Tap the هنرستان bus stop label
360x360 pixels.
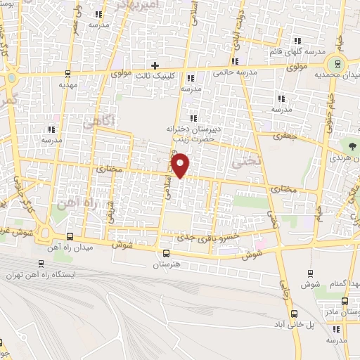(166, 265)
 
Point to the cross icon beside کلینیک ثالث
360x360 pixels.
(155, 65)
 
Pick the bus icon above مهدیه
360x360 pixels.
(68, 73)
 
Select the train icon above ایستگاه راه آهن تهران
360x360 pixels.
(41, 264)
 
